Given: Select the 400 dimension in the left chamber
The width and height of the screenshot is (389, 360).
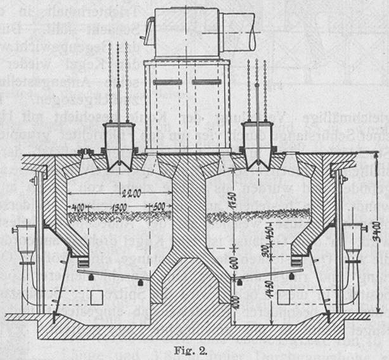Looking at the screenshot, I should click(79, 207).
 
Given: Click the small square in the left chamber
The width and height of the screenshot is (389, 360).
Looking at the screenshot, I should click(98, 296).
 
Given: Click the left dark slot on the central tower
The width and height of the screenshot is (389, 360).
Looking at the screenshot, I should click(167, 82).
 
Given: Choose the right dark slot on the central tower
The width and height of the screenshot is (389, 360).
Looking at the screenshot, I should click(207, 82).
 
